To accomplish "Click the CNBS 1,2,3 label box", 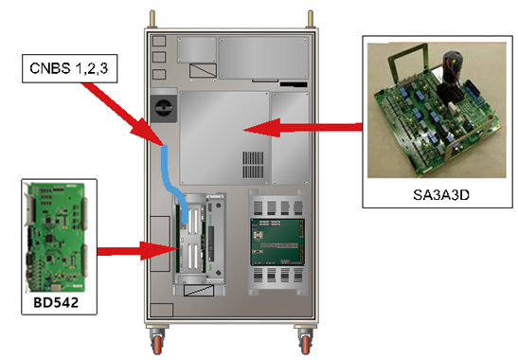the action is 70,68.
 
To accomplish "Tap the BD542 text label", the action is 56,302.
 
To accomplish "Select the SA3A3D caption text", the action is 441,195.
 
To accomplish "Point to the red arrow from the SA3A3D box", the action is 303,128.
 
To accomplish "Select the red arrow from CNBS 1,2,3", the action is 122,114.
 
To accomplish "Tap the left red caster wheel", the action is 157,344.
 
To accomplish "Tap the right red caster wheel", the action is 305,344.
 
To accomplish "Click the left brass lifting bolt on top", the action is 152,19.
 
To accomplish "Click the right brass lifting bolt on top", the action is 311,19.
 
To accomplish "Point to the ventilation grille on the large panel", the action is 254,165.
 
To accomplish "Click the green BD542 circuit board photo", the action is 57,237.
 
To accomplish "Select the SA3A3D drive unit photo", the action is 437,110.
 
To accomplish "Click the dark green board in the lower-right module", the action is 277,242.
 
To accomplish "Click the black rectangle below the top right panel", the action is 294,84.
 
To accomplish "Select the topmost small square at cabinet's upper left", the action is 159,41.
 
